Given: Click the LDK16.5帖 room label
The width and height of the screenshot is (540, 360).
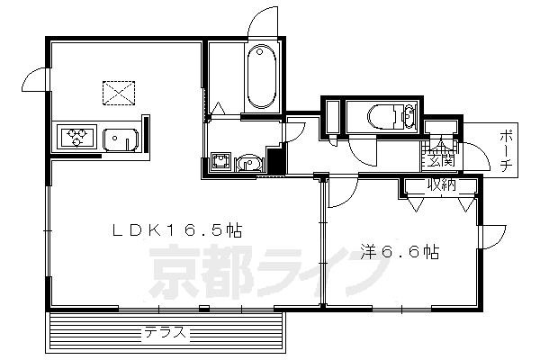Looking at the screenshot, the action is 176,231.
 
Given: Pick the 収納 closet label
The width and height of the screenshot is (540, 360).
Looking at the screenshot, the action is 440,186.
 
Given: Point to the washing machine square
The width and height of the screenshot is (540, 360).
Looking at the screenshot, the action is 220,162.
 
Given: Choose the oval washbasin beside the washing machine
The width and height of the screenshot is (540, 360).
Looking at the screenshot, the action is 249,163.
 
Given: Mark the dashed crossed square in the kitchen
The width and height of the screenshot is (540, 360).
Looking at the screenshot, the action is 116,91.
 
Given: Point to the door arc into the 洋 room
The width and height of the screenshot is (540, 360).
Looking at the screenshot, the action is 339,192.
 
